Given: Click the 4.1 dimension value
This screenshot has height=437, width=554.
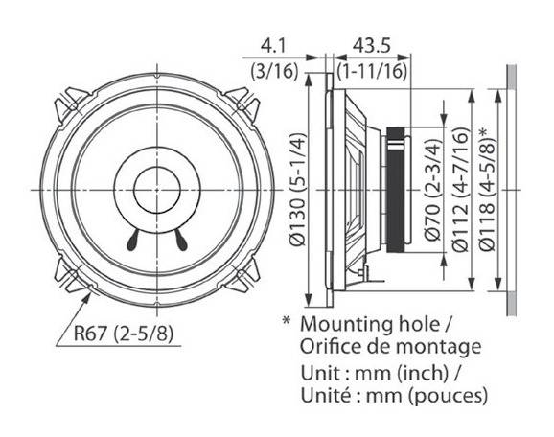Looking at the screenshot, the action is (272, 46).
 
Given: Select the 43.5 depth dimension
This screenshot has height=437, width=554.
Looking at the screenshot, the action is (371, 46).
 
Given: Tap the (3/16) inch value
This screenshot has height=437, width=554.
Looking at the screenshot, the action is (274, 72).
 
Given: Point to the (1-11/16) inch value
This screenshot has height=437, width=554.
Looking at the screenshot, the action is (372, 72).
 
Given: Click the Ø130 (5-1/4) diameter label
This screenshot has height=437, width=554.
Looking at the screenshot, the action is (298, 189).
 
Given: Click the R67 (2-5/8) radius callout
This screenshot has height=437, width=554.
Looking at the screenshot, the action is (124, 333).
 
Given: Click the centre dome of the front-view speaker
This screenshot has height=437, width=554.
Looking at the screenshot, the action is (157, 190).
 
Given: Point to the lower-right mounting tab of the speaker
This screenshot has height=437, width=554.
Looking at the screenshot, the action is (244, 276).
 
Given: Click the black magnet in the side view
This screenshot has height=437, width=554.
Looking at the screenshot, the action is (396, 190).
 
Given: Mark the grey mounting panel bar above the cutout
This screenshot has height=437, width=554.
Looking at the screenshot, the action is (511, 77).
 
